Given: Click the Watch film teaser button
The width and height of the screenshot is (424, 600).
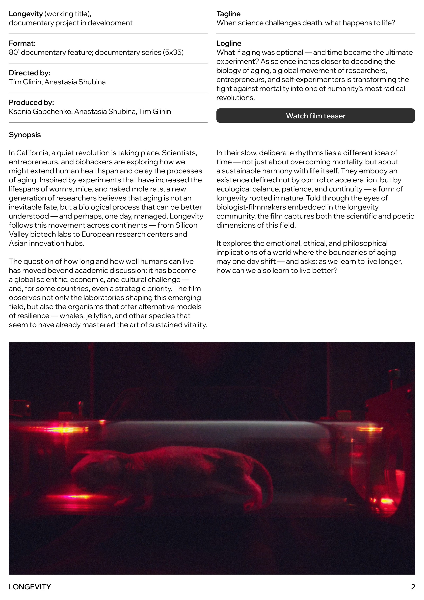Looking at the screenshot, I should (x=316, y=116).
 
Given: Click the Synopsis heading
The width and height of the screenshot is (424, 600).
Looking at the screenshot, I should (x=25, y=135).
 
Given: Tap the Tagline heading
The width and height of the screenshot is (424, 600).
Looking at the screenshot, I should (x=228, y=14).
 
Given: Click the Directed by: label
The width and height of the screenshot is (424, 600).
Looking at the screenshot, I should (x=29, y=73).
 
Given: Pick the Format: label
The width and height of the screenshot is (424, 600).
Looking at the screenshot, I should (x=22, y=43).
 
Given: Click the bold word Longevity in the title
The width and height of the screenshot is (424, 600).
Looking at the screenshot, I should (x=26, y=14).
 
